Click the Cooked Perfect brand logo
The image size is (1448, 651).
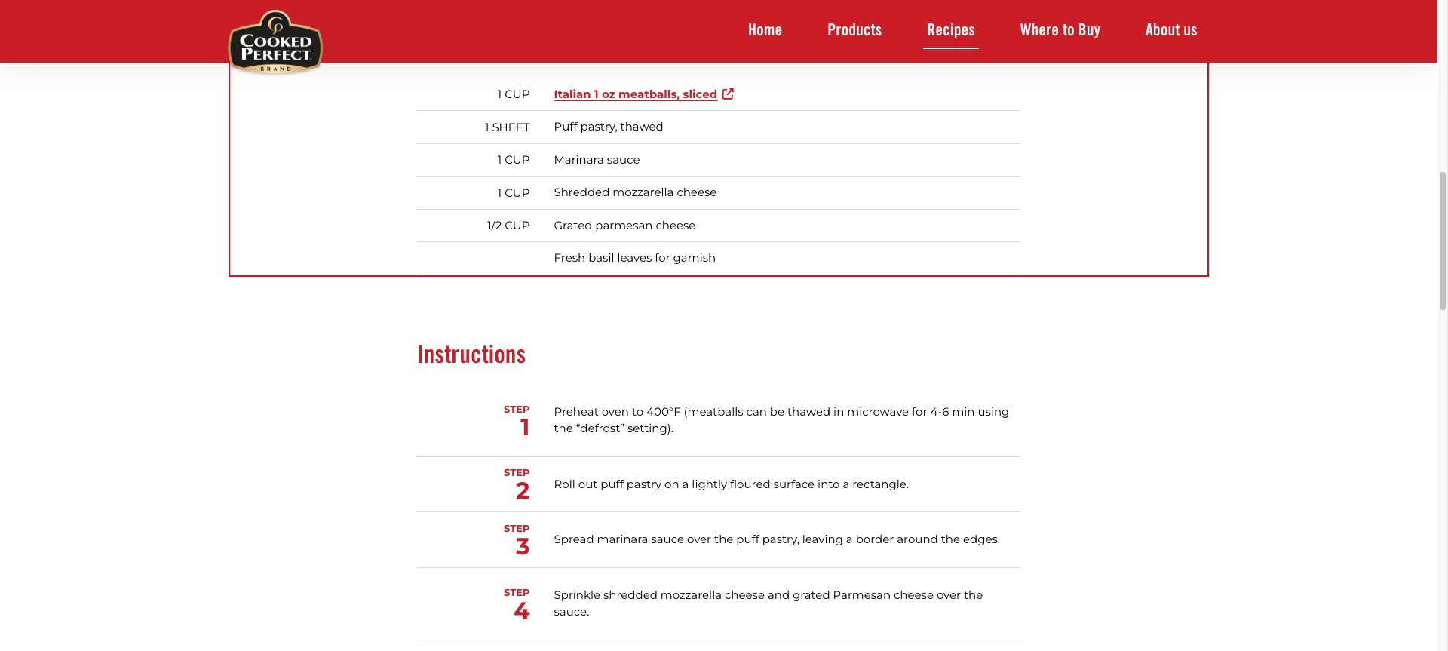click(275, 43)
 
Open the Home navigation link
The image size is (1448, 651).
click(765, 30)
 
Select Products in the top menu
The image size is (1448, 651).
click(854, 30)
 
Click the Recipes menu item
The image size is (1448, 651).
click(950, 30)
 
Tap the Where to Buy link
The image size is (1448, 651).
click(1060, 30)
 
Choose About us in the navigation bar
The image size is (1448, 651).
click(1170, 30)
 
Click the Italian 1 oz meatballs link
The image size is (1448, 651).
click(635, 94)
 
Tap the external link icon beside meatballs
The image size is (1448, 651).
click(728, 94)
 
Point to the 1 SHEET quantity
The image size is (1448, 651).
click(507, 127)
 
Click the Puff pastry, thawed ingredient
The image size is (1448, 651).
click(608, 127)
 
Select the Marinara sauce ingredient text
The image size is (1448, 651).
click(597, 160)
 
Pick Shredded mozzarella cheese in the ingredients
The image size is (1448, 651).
click(635, 192)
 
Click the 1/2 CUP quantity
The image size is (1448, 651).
click(508, 226)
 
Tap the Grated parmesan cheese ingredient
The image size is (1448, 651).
click(624, 226)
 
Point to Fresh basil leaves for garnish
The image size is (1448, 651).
click(634, 258)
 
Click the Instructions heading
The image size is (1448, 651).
click(471, 355)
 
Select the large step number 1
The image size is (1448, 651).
click(525, 428)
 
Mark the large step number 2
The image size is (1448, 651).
click(523, 491)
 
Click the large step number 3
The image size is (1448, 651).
click(523, 547)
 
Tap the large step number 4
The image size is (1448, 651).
click(522, 611)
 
